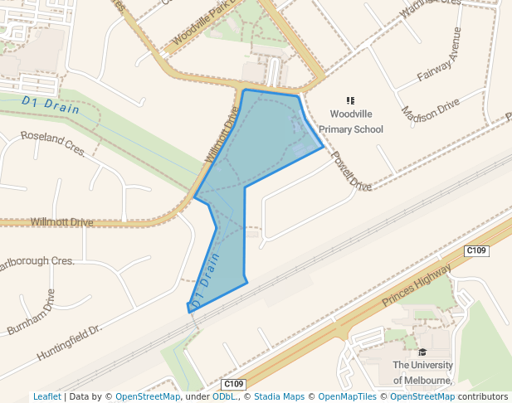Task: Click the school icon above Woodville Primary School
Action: click(x=350, y=101)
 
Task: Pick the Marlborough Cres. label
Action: click(x=37, y=262)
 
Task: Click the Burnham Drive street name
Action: click(x=31, y=312)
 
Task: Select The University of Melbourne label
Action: click(x=422, y=372)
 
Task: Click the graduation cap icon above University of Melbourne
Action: click(x=422, y=352)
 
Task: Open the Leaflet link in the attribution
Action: click(x=46, y=396)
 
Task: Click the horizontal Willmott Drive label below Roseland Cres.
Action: click(x=61, y=222)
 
